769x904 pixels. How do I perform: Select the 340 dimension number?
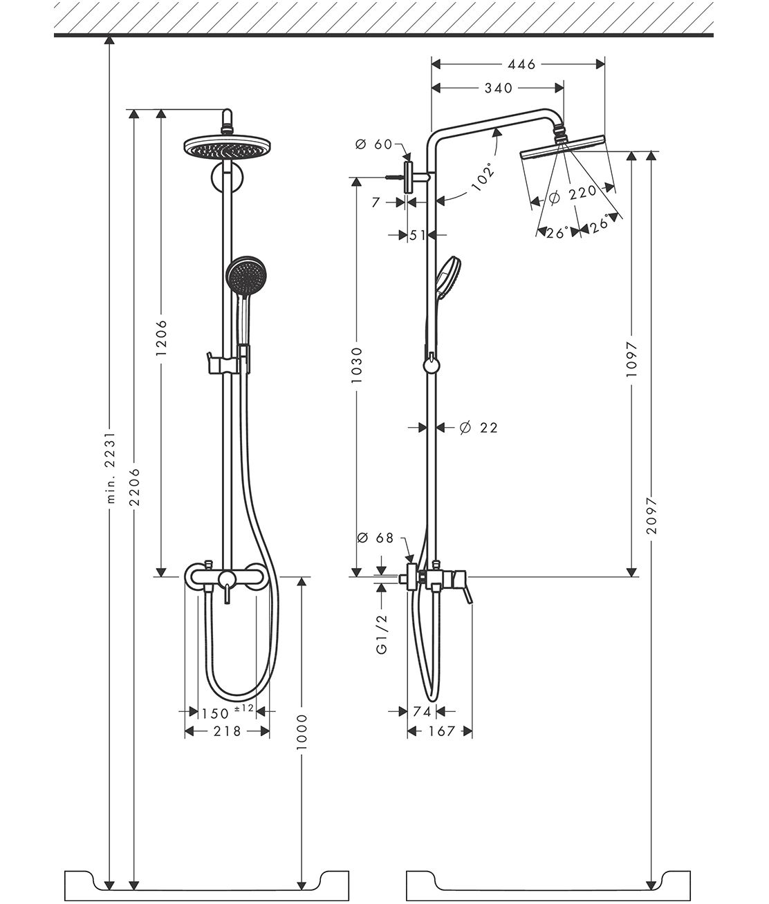(x=499, y=88)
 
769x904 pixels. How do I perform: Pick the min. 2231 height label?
(x=109, y=478)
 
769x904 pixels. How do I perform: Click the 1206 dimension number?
(x=161, y=337)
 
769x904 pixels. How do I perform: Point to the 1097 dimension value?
(x=631, y=358)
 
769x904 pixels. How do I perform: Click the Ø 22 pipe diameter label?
(x=478, y=428)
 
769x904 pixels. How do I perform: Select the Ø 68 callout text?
(x=375, y=537)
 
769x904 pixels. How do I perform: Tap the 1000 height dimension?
(x=302, y=733)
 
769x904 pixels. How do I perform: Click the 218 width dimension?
(x=226, y=731)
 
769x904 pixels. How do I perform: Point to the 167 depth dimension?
(x=440, y=731)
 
